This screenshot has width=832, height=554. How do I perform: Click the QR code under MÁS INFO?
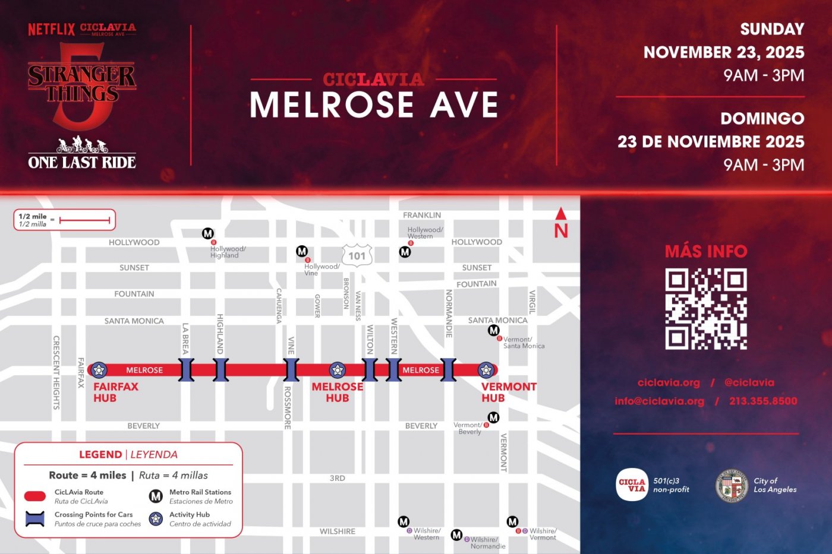(x=705, y=309)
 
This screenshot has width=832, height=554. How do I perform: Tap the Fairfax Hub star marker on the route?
(x=99, y=370)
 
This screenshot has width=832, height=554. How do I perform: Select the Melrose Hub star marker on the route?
(x=338, y=370)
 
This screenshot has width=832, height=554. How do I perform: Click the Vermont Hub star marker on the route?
(x=486, y=370)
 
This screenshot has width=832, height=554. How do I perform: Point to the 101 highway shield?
(x=357, y=256)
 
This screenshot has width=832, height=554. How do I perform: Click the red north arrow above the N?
(x=560, y=214)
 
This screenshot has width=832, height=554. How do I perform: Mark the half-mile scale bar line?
(x=84, y=220)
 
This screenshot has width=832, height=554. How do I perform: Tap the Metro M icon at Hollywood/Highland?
(x=207, y=233)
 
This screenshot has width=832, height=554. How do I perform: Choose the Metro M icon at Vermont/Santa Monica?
(x=493, y=330)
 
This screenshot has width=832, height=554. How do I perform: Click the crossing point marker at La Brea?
(x=187, y=370)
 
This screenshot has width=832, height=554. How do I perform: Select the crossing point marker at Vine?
(x=291, y=370)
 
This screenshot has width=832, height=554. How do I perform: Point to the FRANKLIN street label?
(x=422, y=215)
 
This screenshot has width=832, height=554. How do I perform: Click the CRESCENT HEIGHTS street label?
(x=56, y=372)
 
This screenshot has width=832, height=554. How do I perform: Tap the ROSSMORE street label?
(x=288, y=408)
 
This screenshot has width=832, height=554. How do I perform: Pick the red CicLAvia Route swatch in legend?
(x=35, y=496)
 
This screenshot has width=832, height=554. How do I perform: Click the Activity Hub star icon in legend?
(x=156, y=518)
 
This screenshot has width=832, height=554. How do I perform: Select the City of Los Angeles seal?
(x=732, y=485)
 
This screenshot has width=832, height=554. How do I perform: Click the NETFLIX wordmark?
(x=51, y=29)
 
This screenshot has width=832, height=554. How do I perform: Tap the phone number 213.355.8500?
(x=763, y=401)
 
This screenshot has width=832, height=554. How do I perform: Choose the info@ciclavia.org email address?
(x=659, y=401)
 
